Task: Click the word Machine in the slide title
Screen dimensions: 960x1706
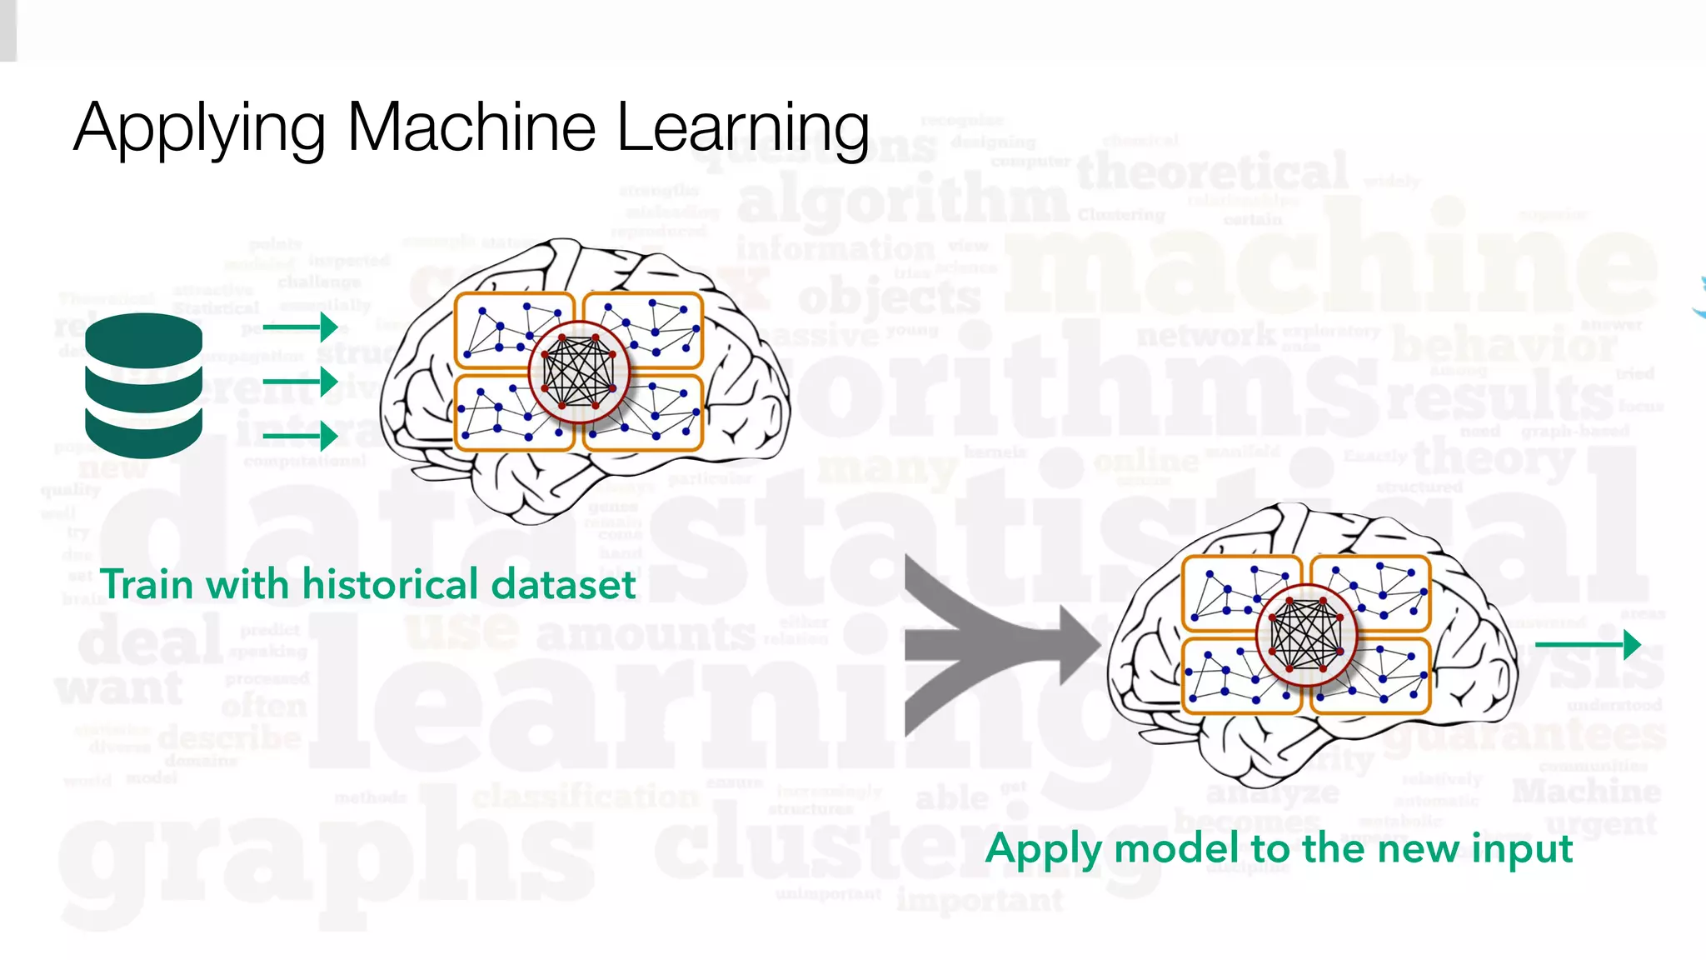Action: pyautogui.click(x=471, y=127)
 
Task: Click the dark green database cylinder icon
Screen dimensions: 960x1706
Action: pyautogui.click(x=143, y=386)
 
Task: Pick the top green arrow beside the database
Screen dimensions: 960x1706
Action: pyautogui.click(x=300, y=326)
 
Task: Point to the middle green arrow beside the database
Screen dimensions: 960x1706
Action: pyautogui.click(x=300, y=382)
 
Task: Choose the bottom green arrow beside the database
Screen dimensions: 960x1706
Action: pyautogui.click(x=300, y=436)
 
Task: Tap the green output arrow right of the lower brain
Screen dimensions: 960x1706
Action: pyautogui.click(x=1587, y=644)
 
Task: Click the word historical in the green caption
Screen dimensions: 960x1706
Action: pyautogui.click(x=390, y=584)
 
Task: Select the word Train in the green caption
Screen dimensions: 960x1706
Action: pyautogui.click(x=147, y=584)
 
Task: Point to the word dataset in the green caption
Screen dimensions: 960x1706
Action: pyautogui.click(x=564, y=584)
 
